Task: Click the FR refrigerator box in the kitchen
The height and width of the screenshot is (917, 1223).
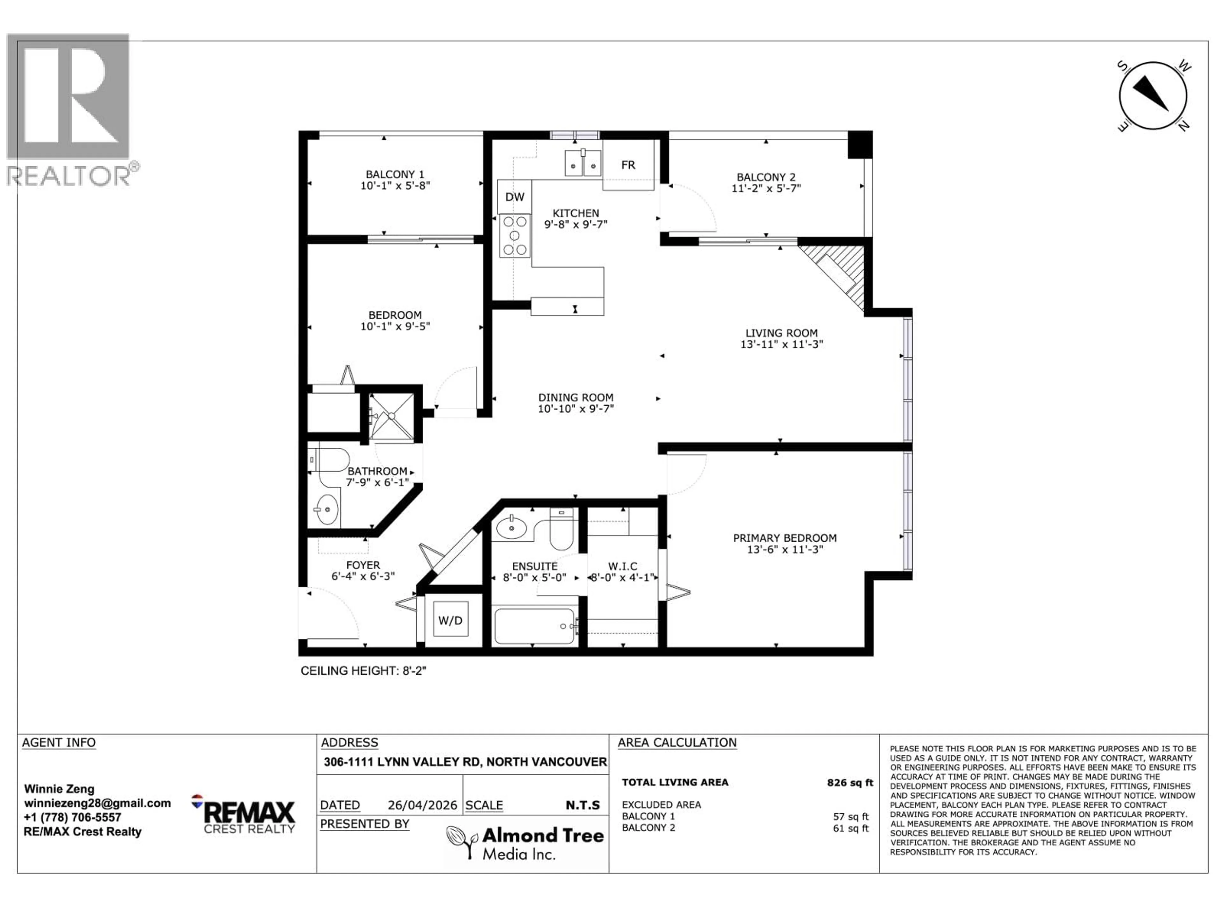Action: [628, 165]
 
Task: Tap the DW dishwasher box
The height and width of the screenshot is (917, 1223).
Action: [514, 197]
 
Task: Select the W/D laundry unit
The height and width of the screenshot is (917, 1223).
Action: [450, 620]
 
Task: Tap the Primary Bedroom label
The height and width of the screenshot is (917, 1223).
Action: [784, 538]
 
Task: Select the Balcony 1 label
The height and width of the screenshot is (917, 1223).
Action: [395, 174]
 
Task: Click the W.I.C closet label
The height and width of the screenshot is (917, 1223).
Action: [623, 566]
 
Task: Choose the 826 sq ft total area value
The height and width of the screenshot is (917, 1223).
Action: [850, 782]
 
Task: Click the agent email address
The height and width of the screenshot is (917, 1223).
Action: [97, 803]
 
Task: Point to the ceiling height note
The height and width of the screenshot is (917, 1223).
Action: [363, 671]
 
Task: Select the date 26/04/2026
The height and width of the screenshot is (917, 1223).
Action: [422, 805]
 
